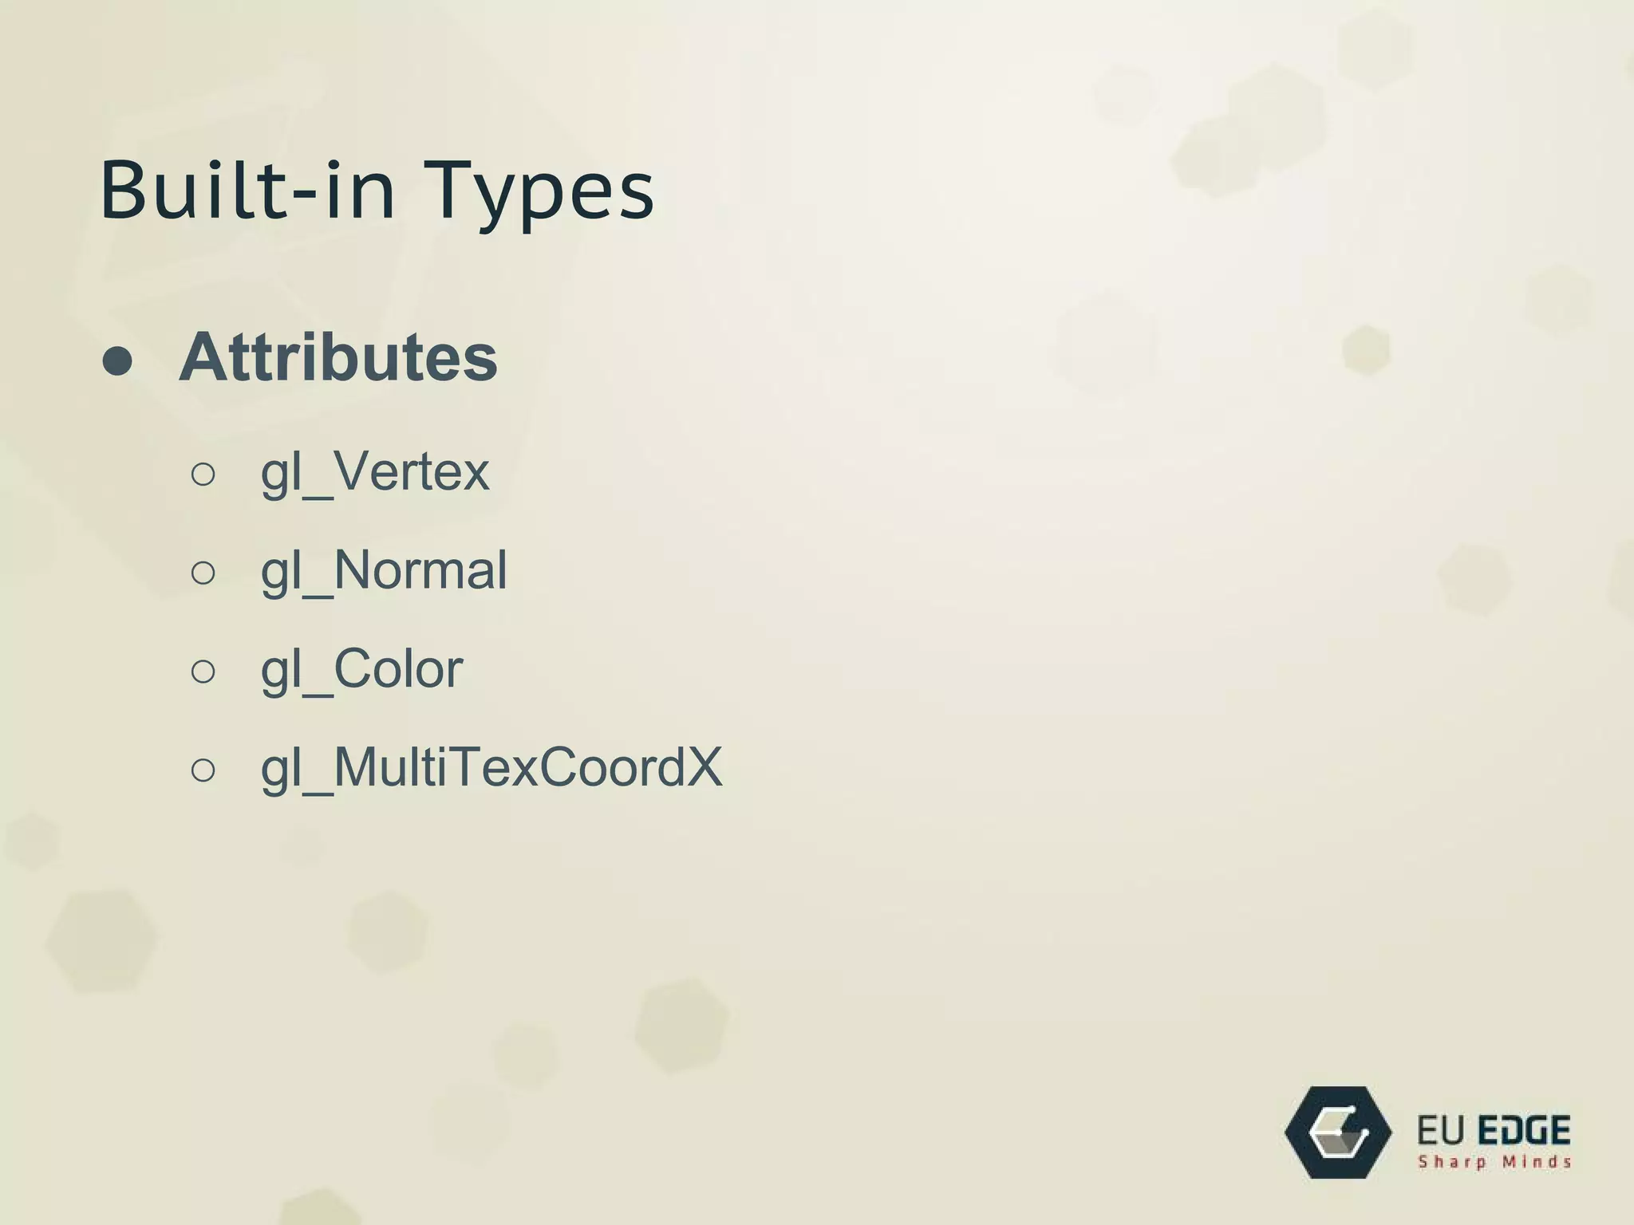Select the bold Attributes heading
pos(338,357)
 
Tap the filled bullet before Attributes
pos(118,360)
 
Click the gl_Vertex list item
pos(375,472)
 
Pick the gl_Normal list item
pos(384,571)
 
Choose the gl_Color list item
pos(361,669)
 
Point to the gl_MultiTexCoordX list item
pos(491,768)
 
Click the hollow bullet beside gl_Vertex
pos(203,475)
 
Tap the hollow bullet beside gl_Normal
pos(203,573)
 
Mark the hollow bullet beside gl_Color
pos(203,672)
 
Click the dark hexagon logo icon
pos(1338,1132)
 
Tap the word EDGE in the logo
pos(1524,1131)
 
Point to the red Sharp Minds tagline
pos(1494,1162)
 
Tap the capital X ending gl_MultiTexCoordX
pos(703,766)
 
